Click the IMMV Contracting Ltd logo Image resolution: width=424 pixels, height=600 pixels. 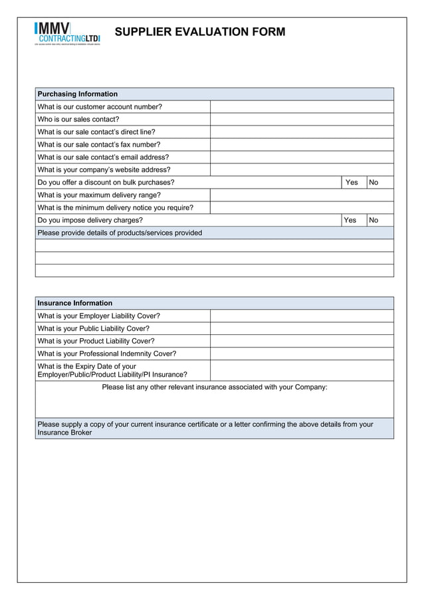[x=67, y=33]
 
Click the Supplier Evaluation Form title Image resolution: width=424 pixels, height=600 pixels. [x=200, y=31]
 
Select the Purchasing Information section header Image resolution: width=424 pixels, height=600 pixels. [x=78, y=94]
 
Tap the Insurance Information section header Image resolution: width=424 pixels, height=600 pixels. [x=75, y=303]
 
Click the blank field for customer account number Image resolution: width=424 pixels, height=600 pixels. [x=302, y=107]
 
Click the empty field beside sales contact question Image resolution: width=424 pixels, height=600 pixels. [x=302, y=120]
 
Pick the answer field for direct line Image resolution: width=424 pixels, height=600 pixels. [x=302, y=132]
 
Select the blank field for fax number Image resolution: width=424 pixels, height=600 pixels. [x=302, y=145]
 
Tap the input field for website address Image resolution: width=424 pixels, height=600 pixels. [x=302, y=170]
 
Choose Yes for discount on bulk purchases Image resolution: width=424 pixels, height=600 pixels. [x=352, y=183]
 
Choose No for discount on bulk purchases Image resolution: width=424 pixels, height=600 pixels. [x=373, y=183]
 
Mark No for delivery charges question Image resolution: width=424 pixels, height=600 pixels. [x=373, y=221]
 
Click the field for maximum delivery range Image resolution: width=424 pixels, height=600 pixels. [x=302, y=195]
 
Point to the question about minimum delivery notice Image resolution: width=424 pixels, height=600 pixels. [x=116, y=208]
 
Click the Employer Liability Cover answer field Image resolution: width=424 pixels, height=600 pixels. [x=302, y=316]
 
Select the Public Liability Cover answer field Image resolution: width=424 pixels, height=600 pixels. [x=302, y=329]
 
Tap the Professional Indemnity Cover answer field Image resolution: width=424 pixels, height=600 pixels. [x=302, y=354]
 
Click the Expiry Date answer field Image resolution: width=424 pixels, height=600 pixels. [x=302, y=370]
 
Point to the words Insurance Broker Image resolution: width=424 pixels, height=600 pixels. [x=64, y=433]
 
